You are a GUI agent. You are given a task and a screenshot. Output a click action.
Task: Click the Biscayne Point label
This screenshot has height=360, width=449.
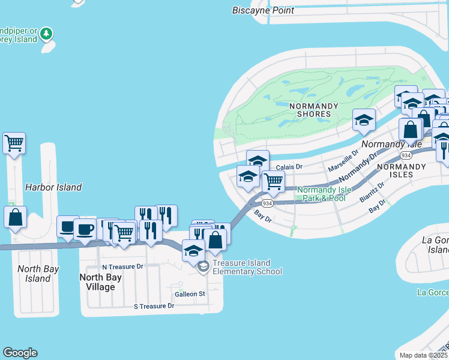tap(264, 10)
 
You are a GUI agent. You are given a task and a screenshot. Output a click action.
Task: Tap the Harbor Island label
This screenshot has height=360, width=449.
tap(53, 187)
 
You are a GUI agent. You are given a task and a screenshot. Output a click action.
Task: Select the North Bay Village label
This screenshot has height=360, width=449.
tap(97, 282)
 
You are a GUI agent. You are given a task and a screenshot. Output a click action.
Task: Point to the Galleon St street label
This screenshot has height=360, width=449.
tap(190, 294)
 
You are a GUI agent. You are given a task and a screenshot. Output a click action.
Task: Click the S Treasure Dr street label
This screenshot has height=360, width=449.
tap(154, 306)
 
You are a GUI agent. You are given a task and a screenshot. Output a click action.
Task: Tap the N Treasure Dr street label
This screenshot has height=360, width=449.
tap(122, 266)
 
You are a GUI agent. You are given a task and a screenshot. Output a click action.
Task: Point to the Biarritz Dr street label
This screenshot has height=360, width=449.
tap(372, 192)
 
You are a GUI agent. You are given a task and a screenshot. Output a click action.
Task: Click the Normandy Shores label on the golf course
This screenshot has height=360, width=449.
tap(310, 110)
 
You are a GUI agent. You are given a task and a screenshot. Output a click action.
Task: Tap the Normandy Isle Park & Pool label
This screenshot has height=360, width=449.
tap(324, 194)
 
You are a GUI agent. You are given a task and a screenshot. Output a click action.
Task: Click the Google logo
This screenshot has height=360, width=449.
tap(20, 353)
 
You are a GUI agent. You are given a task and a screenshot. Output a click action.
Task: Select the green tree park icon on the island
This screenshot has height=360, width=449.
tap(47, 32)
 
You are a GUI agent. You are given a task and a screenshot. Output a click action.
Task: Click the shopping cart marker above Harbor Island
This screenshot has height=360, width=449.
tap(14, 143)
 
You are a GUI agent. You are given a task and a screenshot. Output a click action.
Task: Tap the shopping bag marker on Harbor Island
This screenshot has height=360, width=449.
tap(15, 217)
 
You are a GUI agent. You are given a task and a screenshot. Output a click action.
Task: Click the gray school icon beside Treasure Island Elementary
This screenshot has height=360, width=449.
tap(203, 266)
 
